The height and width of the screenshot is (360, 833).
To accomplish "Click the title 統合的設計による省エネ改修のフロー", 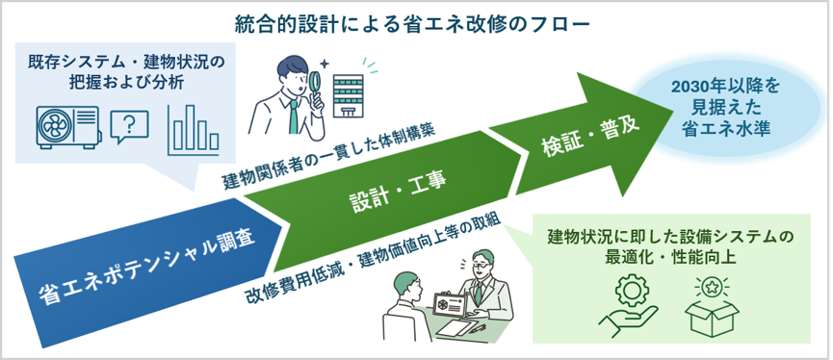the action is click(412, 24).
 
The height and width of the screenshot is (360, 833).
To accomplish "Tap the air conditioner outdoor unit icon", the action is click(68, 126).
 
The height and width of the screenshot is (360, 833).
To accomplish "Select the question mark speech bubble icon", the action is click(129, 127).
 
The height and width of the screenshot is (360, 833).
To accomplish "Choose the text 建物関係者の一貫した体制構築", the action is click(328, 158).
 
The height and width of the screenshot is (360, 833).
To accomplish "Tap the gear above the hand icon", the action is click(632, 291).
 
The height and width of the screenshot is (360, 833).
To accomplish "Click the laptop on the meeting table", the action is click(450, 305).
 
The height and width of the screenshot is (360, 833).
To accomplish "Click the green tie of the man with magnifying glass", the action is click(294, 116).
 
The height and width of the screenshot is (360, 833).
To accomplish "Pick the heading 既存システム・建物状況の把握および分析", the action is click(126, 72).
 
